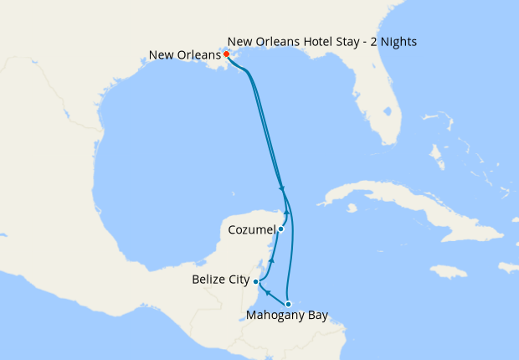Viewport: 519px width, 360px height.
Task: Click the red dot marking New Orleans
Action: [227, 54]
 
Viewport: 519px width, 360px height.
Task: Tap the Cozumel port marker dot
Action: [281, 229]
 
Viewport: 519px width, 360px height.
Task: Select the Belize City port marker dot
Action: [256, 282]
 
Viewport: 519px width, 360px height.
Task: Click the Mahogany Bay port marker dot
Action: [288, 304]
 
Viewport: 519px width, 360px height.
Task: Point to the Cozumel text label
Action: [251, 229]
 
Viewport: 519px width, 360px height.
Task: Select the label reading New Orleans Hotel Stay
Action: [321, 41]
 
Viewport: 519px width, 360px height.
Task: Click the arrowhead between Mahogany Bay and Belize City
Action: [268, 292]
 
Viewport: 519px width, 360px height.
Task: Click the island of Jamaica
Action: [448, 271]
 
